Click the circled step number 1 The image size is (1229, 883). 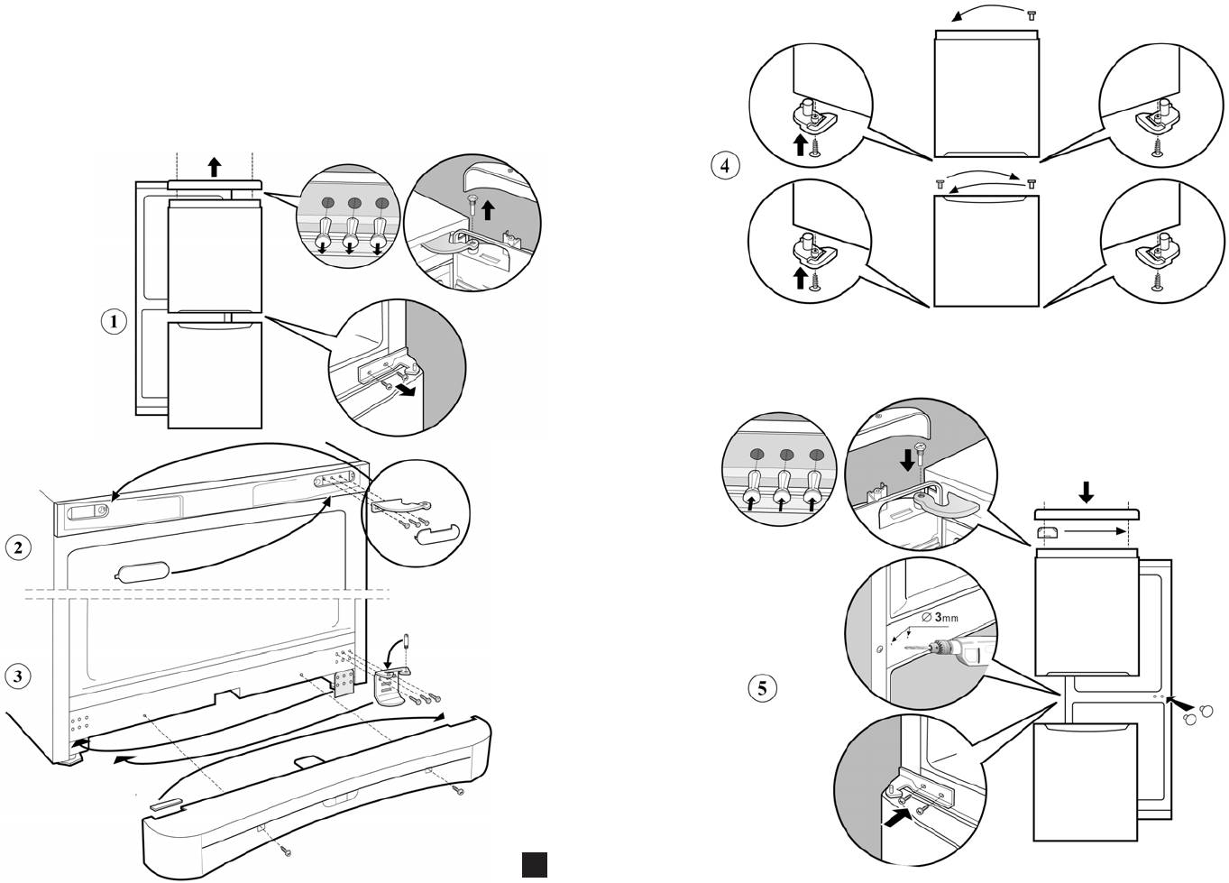(114, 321)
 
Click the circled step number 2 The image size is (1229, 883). (19, 547)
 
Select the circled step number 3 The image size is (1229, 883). (19, 675)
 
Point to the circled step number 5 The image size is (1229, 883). (763, 688)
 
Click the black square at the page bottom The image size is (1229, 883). (534, 864)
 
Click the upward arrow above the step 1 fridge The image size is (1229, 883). (214, 166)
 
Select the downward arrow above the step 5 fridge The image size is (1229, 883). (1087, 491)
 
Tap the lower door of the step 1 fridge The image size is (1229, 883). (215, 374)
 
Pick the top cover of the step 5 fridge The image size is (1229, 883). (1087, 515)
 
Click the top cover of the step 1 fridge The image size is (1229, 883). (214, 184)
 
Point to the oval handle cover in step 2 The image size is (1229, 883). (142, 572)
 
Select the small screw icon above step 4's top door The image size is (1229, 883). (1032, 15)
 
